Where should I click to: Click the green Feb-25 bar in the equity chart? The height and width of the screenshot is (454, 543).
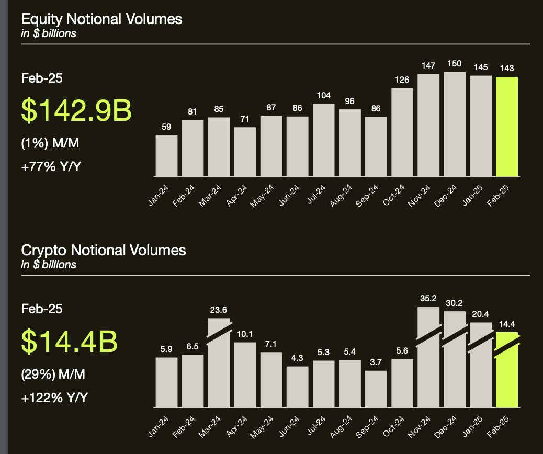[x=506, y=127]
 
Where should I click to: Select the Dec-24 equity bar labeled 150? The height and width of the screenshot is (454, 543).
[x=455, y=124]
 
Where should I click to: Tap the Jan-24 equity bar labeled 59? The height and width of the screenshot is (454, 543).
[x=167, y=155]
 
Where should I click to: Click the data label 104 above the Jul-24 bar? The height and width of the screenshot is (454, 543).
[x=323, y=96]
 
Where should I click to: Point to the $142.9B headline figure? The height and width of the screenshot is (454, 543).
[x=77, y=110]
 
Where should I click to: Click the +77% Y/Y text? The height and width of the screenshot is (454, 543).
[x=54, y=167]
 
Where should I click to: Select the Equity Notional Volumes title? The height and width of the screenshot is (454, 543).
[x=101, y=19]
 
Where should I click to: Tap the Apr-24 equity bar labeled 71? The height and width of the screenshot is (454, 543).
[x=245, y=152]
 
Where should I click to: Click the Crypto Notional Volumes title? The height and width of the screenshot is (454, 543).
[x=104, y=250]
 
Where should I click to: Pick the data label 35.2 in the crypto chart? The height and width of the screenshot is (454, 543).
[x=428, y=299]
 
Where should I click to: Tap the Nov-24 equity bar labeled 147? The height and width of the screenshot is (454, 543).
[x=428, y=125]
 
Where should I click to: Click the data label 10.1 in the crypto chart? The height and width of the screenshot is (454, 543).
[x=245, y=334]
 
